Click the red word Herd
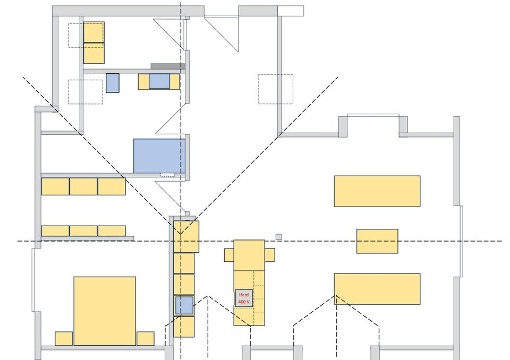[x=244, y=295]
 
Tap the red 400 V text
[x=244, y=302]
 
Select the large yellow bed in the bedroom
[x=105, y=311]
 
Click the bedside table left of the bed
[x=64, y=339]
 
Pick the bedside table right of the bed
[x=146, y=339]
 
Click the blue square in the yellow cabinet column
[x=184, y=305]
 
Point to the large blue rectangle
[x=159, y=156]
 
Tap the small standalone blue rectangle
[x=113, y=83]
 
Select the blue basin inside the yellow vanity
[x=159, y=81]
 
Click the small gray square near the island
[x=278, y=237]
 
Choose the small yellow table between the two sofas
[x=377, y=241]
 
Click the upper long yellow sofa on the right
[x=377, y=191]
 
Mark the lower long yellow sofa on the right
[x=377, y=289]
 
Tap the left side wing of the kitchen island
[x=229, y=255]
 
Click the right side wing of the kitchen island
[x=270, y=255]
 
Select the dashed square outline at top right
[x=276, y=89]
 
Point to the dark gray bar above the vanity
[x=167, y=66]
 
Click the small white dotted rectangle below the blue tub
[x=167, y=174]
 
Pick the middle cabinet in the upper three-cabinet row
[x=83, y=186]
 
